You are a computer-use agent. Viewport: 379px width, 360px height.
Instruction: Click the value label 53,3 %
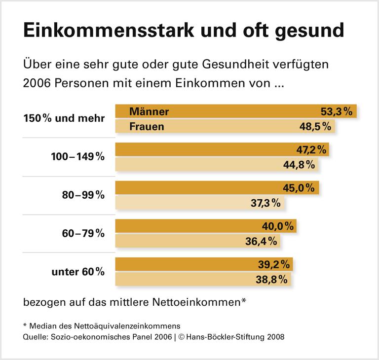336,111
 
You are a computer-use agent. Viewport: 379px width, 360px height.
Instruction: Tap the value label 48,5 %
315,127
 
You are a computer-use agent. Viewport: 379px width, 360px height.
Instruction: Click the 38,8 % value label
271,279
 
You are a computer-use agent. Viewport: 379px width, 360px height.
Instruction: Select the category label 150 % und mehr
64,118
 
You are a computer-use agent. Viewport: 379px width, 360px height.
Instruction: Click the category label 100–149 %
78,157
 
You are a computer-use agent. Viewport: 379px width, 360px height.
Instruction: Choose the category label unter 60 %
78,271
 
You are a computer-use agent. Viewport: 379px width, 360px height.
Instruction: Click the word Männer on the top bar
149,111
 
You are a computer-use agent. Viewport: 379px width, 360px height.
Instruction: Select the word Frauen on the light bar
147,127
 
